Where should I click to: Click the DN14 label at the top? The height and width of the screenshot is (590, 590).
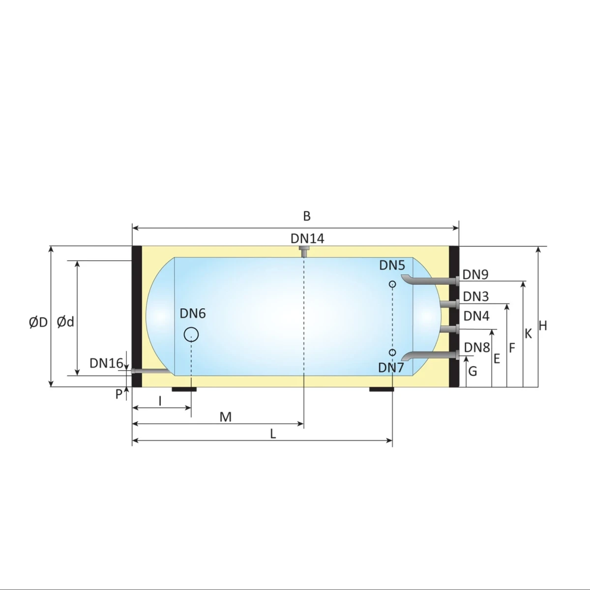pos(307,238)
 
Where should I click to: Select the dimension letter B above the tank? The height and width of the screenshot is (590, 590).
pos(307,216)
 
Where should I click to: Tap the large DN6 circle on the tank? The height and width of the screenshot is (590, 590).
pos(191,335)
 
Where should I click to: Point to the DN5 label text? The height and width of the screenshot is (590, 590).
pos(392,265)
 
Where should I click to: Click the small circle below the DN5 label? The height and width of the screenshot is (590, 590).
pos(392,284)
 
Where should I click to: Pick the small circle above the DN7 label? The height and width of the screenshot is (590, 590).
pos(392,353)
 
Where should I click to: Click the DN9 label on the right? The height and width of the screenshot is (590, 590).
pos(475,274)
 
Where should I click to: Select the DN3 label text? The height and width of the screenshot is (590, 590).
pos(475,296)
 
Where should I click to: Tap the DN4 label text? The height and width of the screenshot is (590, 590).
pos(476,316)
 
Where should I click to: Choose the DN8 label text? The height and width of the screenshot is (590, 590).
pos(476,347)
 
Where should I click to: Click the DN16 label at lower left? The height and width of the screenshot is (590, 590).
pos(106,363)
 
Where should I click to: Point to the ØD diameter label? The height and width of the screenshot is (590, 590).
pos(38,323)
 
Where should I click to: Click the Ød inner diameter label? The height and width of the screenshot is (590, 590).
pos(65,322)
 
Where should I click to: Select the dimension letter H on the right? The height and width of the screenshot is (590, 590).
pos(543,325)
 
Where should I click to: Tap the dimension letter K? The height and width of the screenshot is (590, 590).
pos(528,334)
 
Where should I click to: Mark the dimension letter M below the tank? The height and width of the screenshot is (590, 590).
pos(225,417)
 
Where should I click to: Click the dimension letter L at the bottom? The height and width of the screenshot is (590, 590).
pos(273,434)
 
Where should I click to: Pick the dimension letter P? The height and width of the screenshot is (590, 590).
pos(118,394)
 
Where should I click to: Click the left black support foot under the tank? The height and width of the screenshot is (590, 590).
pos(184,389)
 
